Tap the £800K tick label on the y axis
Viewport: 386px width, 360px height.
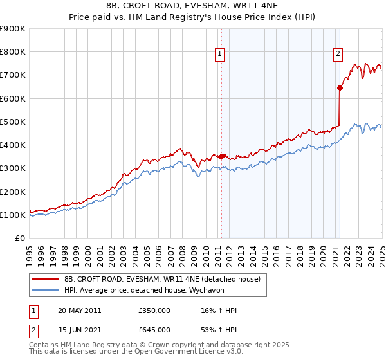(14, 52)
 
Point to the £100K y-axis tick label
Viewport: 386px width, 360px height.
(14, 215)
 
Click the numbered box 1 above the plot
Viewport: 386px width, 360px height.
(220, 55)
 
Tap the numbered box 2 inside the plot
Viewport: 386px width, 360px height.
(338, 55)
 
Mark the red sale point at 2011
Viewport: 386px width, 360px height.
(222, 156)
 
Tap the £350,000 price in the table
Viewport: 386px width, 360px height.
(154, 310)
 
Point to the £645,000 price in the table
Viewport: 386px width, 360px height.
(154, 330)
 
